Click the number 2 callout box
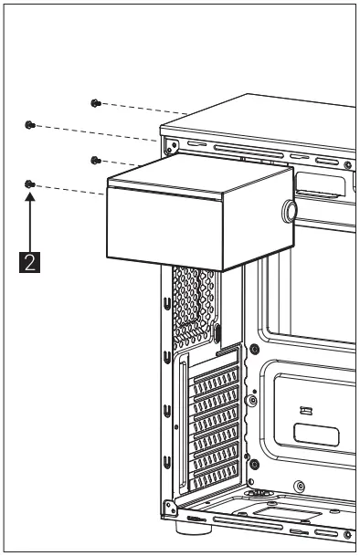pos(31,261)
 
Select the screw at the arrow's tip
pos(30,184)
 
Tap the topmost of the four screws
pos(95,103)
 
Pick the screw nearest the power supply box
pos(95,161)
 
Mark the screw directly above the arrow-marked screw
pos(30,124)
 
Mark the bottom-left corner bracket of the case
pos(167,507)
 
